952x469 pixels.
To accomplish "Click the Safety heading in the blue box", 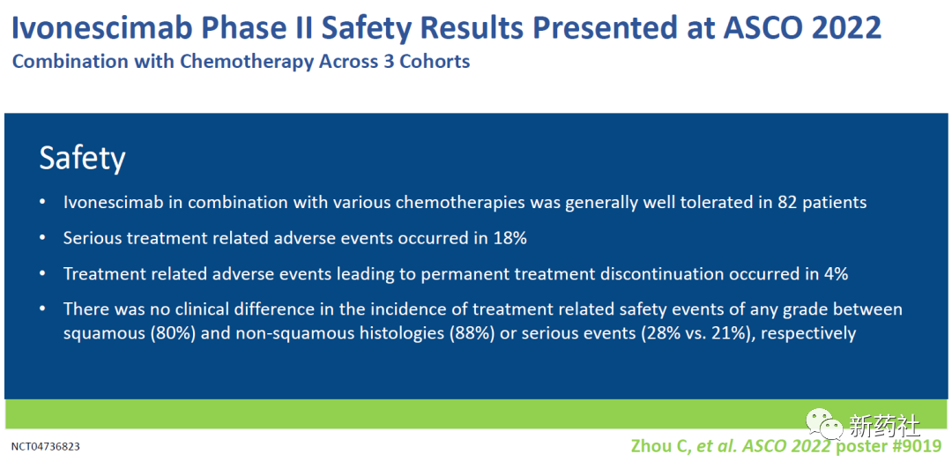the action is (x=83, y=160).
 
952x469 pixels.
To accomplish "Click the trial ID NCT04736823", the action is (x=46, y=447).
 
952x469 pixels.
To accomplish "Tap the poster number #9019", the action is (x=915, y=446).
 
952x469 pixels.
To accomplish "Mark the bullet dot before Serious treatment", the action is (x=42, y=238).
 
